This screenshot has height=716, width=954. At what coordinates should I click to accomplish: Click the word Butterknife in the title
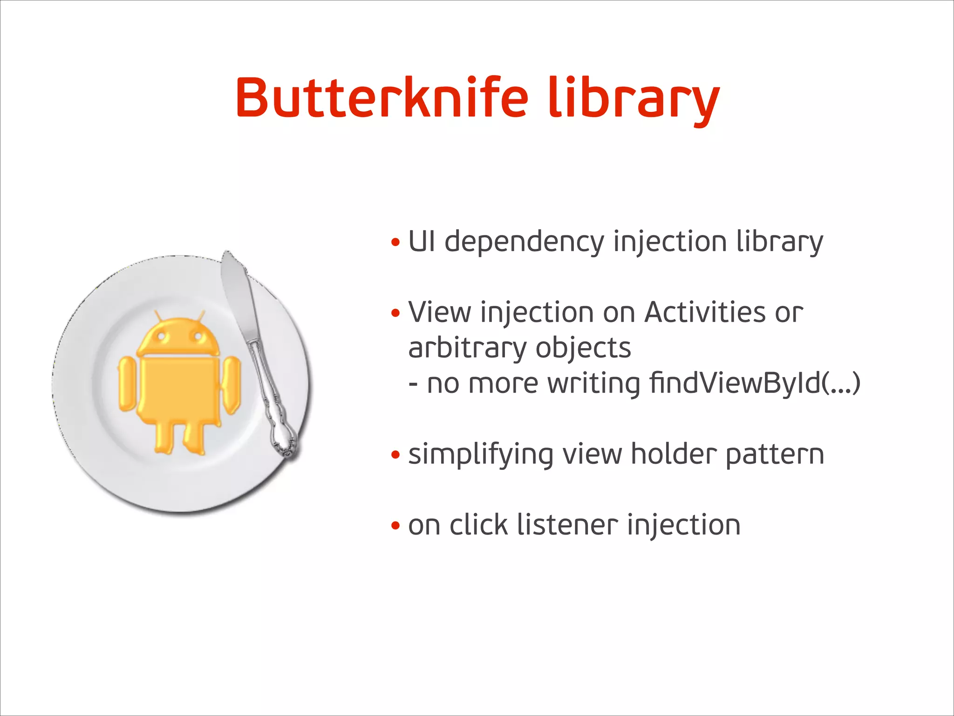(382, 98)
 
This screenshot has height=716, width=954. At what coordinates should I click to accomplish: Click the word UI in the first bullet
(422, 241)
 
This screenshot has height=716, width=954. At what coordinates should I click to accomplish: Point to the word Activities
(705, 312)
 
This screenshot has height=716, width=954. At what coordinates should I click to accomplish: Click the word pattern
(775, 455)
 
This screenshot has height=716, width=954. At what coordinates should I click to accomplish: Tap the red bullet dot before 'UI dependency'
(395, 243)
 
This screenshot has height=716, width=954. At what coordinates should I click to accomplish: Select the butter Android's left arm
(126, 384)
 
